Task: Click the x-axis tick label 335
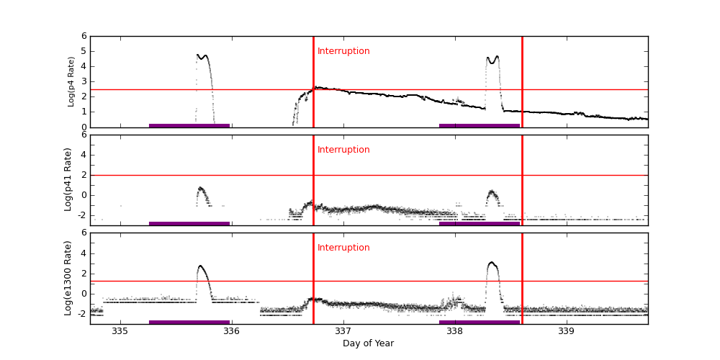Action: pyautogui.click(x=120, y=331)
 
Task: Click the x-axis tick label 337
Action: pyautogui.click(x=343, y=331)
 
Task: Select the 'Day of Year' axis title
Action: pyautogui.click(x=368, y=343)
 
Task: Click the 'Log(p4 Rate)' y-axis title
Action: pyautogui.click(x=71, y=81)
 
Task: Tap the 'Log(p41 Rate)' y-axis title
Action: pyautogui.click(x=68, y=179)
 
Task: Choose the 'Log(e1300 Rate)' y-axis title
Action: pyautogui.click(x=68, y=278)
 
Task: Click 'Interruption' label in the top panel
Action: pyautogui.click(x=343, y=51)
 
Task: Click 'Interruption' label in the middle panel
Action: pyautogui.click(x=343, y=150)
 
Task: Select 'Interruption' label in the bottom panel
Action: pyautogui.click(x=343, y=248)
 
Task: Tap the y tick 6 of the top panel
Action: pyautogui.click(x=84, y=36)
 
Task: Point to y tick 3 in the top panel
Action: pyautogui.click(x=84, y=81)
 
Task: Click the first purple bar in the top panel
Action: pyautogui.click(x=189, y=125)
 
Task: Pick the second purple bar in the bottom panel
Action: pyautogui.click(x=480, y=322)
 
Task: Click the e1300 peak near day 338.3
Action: pyautogui.click(x=492, y=263)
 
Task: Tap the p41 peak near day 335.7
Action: pyautogui.click(x=201, y=188)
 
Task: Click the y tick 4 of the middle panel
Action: pyautogui.click(x=84, y=155)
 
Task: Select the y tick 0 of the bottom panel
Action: pyautogui.click(x=84, y=293)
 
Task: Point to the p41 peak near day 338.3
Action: pyautogui.click(x=492, y=192)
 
